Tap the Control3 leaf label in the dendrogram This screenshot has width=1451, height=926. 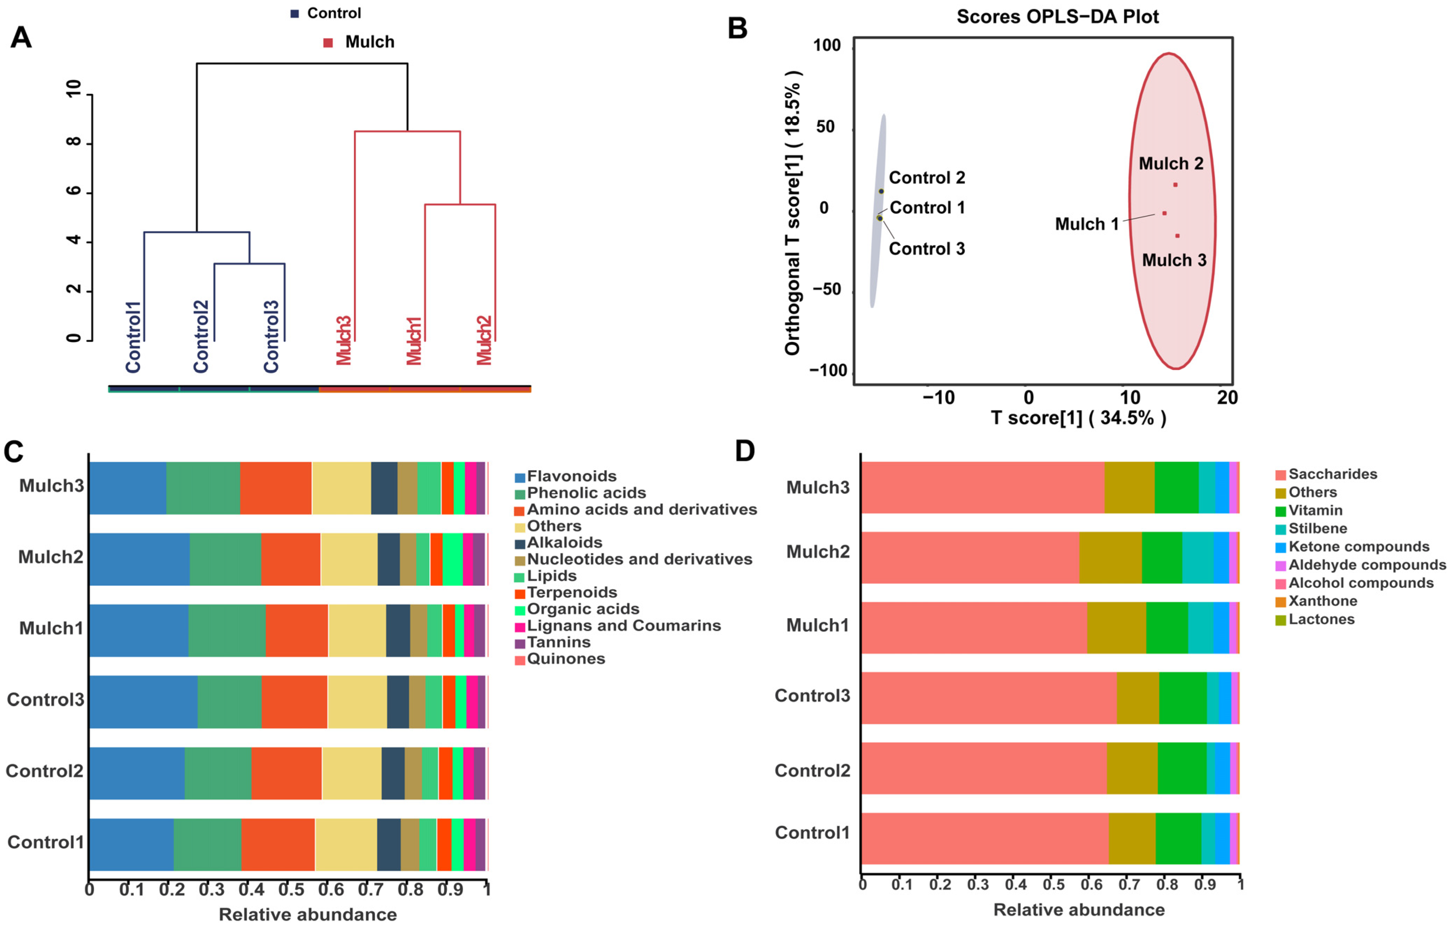click(x=271, y=336)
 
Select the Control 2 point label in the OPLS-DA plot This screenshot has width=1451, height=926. click(x=927, y=178)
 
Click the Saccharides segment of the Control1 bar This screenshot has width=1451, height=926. click(x=984, y=838)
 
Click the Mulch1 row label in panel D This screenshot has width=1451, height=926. click(x=818, y=625)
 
